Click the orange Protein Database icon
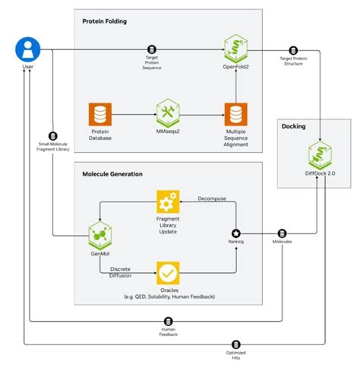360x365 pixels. pyautogui.click(x=100, y=114)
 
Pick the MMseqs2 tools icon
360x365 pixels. pyautogui.click(x=166, y=113)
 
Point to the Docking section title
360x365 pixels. pyautogui.click(x=293, y=126)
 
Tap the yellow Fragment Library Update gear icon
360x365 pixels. pyautogui.click(x=167, y=202)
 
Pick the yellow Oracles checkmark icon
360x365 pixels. pyautogui.click(x=167, y=271)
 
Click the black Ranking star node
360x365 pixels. pyautogui.click(x=236, y=233)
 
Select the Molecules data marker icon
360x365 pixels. pyautogui.click(x=282, y=233)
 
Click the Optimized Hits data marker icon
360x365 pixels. pyautogui.click(x=236, y=344)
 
